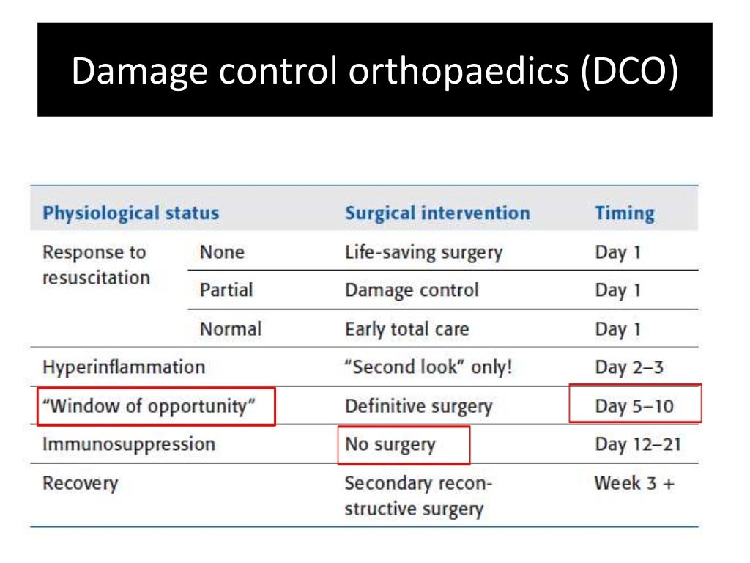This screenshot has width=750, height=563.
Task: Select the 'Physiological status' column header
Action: coord(130,213)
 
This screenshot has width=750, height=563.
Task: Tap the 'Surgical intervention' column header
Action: coord(437,213)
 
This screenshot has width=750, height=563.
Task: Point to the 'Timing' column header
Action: coord(624,213)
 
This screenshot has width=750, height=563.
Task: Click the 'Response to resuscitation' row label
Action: coord(96,265)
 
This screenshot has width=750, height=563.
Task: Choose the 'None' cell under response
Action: coord(222,253)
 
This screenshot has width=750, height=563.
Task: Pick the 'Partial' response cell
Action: coord(226,290)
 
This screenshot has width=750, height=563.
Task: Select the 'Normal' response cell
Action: coord(230,329)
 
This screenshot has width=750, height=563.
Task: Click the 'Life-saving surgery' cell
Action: coord(423,253)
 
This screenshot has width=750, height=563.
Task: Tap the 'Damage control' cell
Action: coord(411,290)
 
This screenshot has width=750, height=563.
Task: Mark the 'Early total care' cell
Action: coord(406,329)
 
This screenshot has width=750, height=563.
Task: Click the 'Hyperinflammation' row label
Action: coord(124,367)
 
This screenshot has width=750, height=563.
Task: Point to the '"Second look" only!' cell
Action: coord(428,367)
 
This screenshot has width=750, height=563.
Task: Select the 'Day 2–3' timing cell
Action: coord(629,367)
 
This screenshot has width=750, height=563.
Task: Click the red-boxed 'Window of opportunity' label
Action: coord(156,406)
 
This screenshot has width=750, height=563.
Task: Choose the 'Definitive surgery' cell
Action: coord(418,406)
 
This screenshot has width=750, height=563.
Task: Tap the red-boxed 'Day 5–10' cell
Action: coord(634,405)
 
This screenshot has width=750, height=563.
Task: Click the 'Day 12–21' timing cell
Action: coord(637,444)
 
